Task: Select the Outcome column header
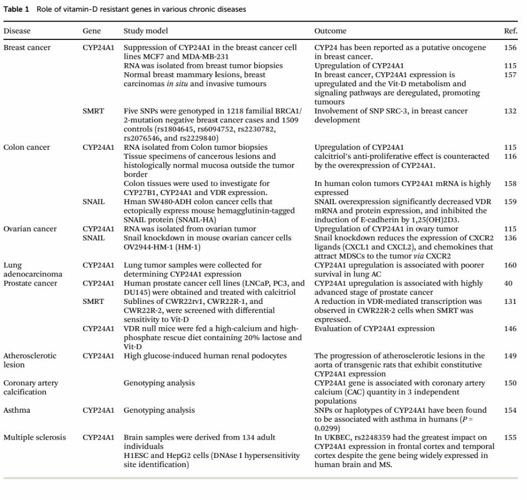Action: point(330,31)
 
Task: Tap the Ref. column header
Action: point(510,31)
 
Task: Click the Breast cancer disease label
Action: point(27,47)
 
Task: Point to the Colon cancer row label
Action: point(26,147)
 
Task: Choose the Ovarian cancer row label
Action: point(30,229)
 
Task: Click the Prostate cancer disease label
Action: point(30,283)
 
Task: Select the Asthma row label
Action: point(17,410)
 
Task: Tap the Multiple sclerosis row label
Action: point(34,437)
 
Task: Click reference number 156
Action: point(510,47)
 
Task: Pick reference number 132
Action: point(510,111)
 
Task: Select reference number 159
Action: point(510,202)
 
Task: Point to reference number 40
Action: point(508,283)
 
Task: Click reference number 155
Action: point(510,437)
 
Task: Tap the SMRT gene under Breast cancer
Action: point(93,111)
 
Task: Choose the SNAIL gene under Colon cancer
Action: point(94,202)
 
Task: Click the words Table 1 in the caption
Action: point(16,9)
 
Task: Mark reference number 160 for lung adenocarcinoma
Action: point(510,265)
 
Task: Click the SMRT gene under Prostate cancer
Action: point(93,301)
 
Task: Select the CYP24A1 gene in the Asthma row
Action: point(98,410)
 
